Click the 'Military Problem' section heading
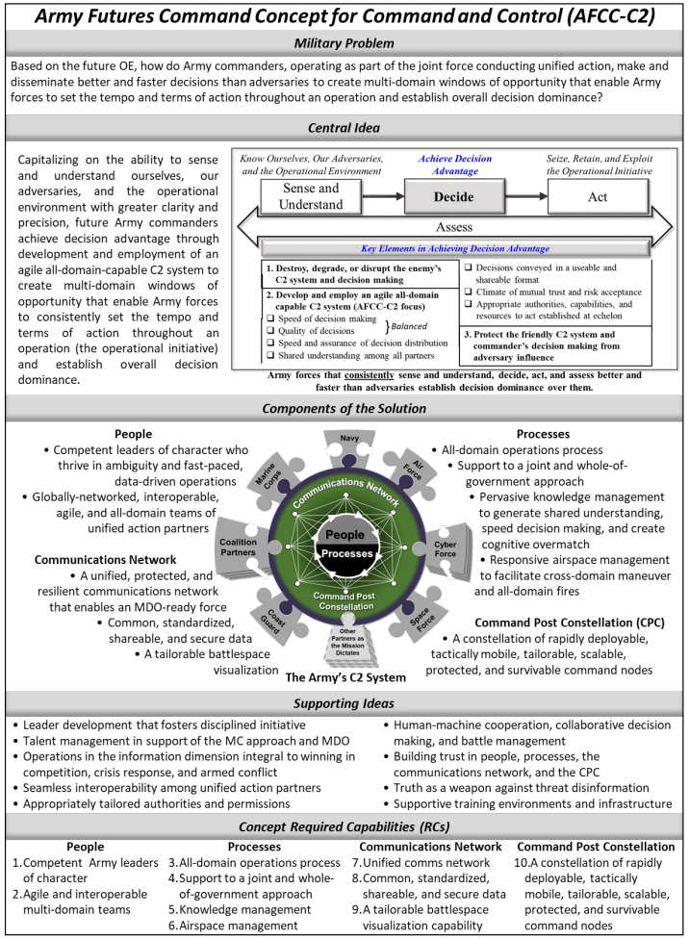344,43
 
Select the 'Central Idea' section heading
344,127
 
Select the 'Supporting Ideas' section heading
344,704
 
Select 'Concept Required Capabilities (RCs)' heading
344,826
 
